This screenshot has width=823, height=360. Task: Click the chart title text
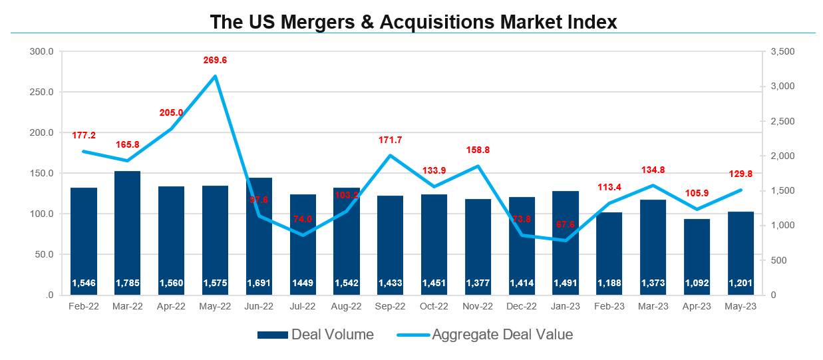click(413, 21)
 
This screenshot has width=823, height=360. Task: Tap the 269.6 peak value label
click(215, 60)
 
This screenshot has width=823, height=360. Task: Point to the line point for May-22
click(215, 76)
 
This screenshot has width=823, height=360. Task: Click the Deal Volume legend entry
click(315, 335)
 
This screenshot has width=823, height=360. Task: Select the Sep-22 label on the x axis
click(391, 307)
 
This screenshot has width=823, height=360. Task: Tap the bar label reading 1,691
click(259, 283)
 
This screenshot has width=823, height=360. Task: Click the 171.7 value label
click(391, 140)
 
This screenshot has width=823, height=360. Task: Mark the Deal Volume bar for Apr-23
click(697, 256)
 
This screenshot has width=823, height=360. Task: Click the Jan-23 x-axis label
click(566, 307)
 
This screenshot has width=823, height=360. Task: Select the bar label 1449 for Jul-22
click(303, 283)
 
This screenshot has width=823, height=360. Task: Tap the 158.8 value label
click(478, 150)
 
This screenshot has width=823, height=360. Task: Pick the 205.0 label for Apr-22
click(171, 112)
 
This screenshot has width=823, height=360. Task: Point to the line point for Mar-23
click(653, 185)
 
